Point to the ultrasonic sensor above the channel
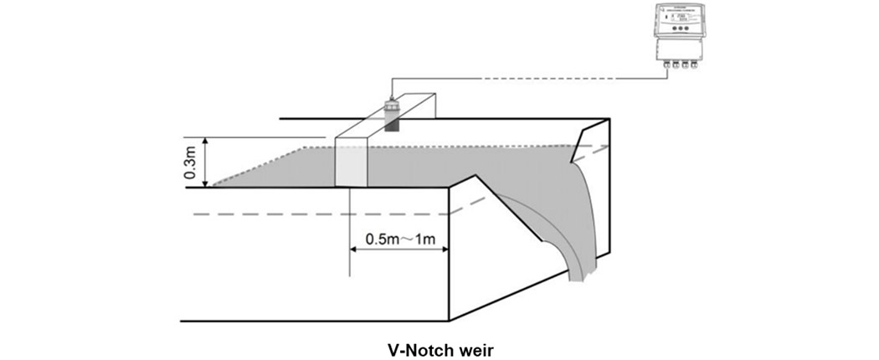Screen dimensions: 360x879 click(x=390, y=114)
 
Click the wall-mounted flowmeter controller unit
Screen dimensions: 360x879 click(x=679, y=33)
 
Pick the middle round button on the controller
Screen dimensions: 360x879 click(x=680, y=29)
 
